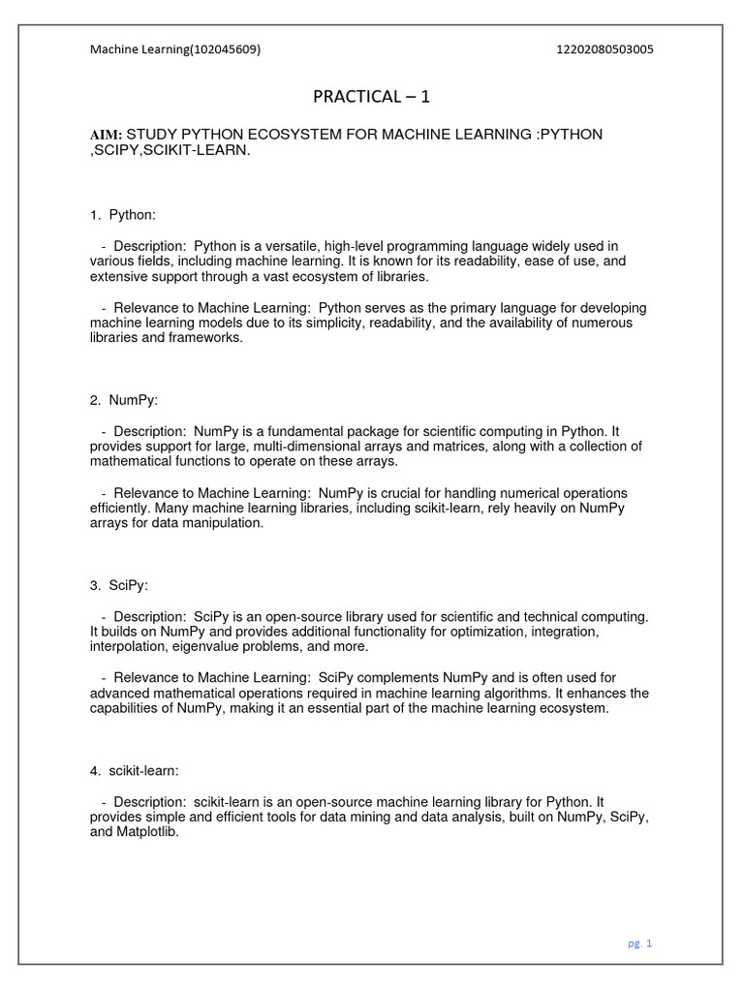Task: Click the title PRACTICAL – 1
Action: tap(371, 95)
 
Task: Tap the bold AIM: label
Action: tap(106, 135)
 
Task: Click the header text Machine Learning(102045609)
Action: tap(175, 50)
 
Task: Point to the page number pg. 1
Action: tap(639, 944)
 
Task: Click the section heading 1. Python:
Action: tap(122, 214)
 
